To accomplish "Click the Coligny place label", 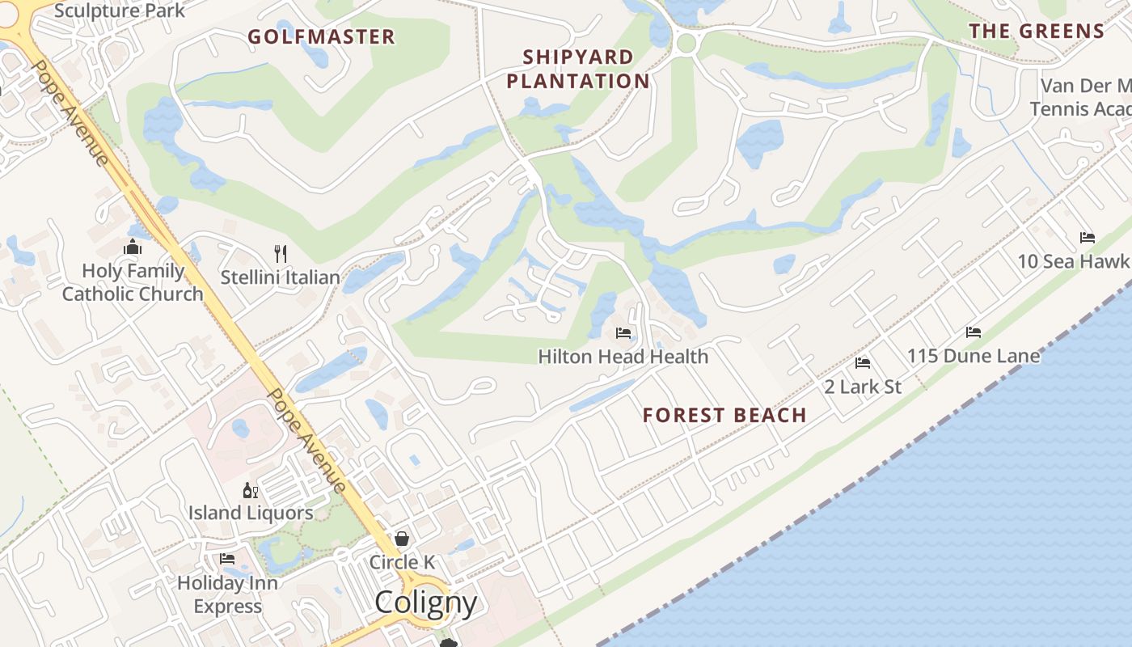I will (x=425, y=602).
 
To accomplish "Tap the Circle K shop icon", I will (x=402, y=539).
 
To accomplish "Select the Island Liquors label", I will (x=251, y=513).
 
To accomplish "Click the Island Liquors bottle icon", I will (x=251, y=490).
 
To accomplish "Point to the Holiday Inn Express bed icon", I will (x=227, y=559).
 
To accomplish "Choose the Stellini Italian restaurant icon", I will (x=281, y=254).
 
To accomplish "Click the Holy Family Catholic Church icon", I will (x=133, y=247).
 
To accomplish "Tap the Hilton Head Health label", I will (x=623, y=356).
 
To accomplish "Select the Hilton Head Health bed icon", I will (x=623, y=333).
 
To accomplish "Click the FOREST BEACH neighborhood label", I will (x=724, y=415).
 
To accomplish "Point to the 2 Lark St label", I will (x=863, y=387).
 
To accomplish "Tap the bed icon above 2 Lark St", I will (x=863, y=363).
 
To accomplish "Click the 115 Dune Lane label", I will (x=974, y=355).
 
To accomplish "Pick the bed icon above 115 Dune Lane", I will (x=974, y=332).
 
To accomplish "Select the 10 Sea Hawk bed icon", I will (x=1088, y=238).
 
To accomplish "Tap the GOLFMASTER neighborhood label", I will (x=321, y=36).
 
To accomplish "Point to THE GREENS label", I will (x=1037, y=32).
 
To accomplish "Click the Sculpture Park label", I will (x=120, y=11).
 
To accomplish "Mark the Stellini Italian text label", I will (x=281, y=277).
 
